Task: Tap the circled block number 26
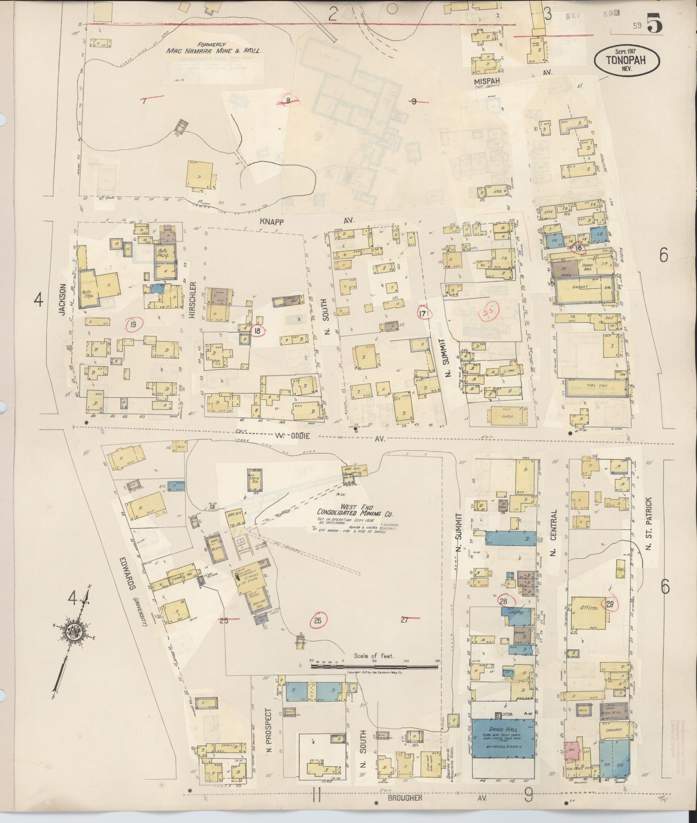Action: [x=317, y=620]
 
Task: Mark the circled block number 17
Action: [x=423, y=314]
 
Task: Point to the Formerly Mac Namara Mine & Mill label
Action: [x=214, y=47]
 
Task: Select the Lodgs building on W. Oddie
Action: [x=508, y=416]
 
